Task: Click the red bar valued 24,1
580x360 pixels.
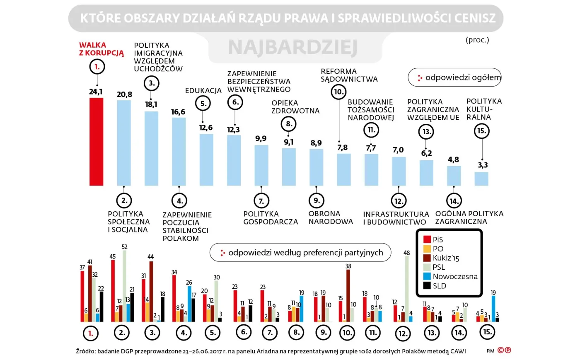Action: click(x=97, y=141)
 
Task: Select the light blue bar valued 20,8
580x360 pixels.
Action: click(x=124, y=143)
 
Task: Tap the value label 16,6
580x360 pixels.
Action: click(x=178, y=112)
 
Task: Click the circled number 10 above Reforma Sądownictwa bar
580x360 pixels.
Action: click(x=339, y=92)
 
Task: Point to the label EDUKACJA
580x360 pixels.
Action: click(x=203, y=90)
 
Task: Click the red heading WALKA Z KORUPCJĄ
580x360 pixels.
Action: click(x=101, y=49)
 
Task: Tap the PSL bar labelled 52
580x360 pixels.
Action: click(x=125, y=286)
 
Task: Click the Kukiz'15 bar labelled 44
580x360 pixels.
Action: click(x=151, y=291)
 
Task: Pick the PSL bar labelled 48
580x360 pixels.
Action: click(x=407, y=289)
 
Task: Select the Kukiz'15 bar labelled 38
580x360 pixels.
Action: click(x=348, y=295)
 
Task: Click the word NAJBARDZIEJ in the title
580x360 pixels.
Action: click(x=292, y=48)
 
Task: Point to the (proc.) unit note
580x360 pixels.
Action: click(x=477, y=40)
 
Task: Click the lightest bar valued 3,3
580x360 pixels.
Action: click(x=481, y=179)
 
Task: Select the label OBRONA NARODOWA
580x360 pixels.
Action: click(x=330, y=217)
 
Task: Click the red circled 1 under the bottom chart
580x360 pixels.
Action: click(x=91, y=333)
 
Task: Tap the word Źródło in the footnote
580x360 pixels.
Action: click(x=85, y=351)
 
